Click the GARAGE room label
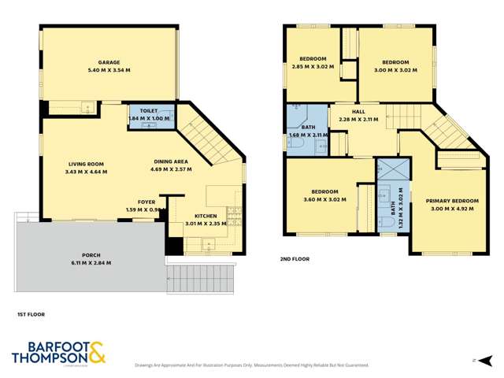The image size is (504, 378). (109, 62)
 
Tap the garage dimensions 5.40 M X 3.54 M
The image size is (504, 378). (109, 71)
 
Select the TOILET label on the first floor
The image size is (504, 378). (149, 112)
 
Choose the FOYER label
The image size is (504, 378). (146, 202)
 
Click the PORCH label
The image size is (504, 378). (91, 254)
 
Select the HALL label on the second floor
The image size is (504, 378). (358, 112)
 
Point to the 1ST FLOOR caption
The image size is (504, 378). (31, 314)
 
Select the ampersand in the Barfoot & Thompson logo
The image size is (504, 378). (97, 352)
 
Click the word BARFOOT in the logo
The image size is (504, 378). (45, 346)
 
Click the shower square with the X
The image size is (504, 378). (389, 170)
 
